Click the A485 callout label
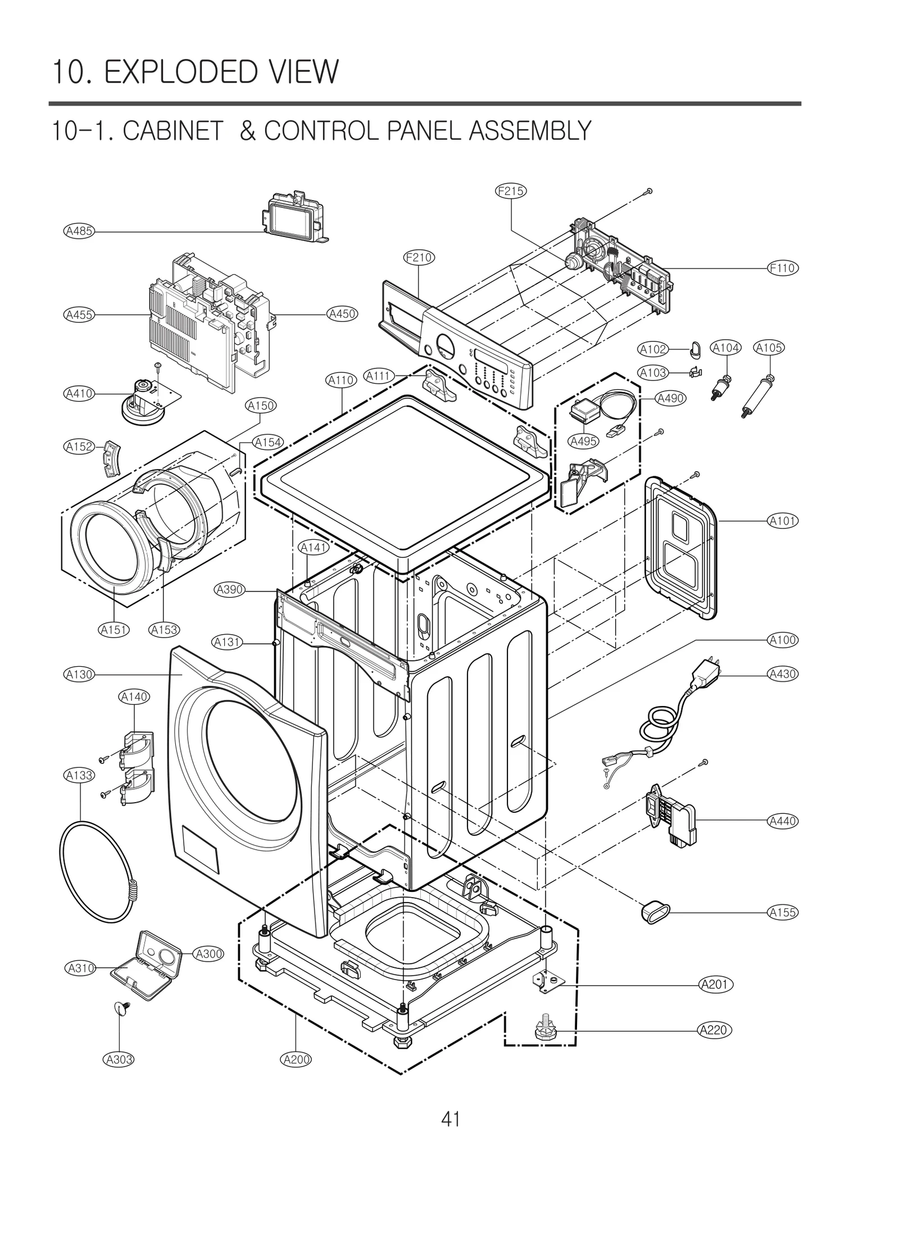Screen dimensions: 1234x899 tap(79, 231)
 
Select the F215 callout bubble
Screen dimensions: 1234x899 tap(510, 191)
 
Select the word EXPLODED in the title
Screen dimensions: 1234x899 tap(178, 72)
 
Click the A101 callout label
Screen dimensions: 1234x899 tap(783, 521)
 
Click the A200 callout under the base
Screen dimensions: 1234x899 tap(295, 1059)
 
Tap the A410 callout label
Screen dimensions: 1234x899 tap(79, 394)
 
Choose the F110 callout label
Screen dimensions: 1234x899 tap(783, 268)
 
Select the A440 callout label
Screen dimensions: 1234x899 tap(783, 821)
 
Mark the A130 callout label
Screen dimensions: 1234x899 tap(79, 674)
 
